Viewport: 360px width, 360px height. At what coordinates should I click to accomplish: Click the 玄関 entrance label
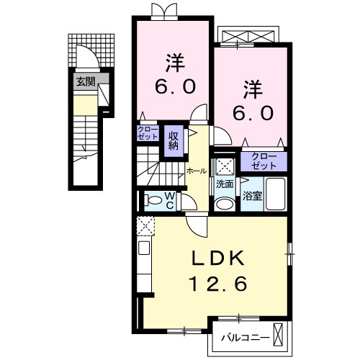[85, 81]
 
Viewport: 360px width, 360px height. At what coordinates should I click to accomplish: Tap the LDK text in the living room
[221, 257]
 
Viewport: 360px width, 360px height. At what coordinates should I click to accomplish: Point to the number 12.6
[221, 284]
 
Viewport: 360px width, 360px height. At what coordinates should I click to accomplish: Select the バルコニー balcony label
[245, 336]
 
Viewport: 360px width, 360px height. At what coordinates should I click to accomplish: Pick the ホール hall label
[197, 171]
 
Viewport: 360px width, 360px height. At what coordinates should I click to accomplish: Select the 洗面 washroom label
[225, 184]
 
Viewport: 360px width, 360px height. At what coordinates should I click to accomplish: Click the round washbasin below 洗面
[224, 203]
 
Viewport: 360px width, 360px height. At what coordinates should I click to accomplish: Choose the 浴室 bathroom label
[251, 195]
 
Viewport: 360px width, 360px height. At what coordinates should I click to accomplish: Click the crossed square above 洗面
[225, 165]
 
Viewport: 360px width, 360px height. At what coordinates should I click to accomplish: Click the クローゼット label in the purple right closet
[264, 159]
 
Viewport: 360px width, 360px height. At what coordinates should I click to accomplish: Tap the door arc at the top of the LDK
[196, 227]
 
